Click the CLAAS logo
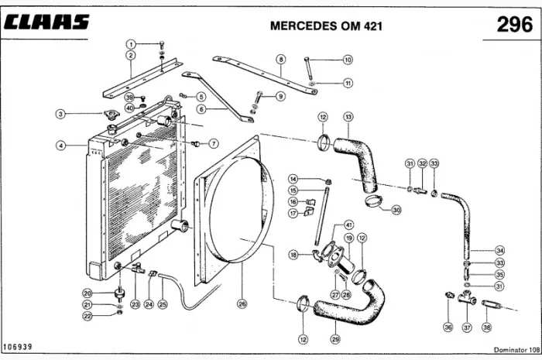pos(47,23)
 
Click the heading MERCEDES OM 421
pos(324,25)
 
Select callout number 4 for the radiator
pos(60,145)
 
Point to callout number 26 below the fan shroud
pos(242,304)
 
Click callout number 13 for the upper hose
pos(348,117)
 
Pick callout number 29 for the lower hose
pos(334,339)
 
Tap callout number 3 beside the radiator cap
pos(60,114)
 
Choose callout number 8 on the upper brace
pos(280,59)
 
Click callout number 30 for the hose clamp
pos(396,209)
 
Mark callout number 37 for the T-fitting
pos(467,327)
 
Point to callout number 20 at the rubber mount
pos(87,293)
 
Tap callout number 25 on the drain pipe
pos(163,305)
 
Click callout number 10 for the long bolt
pos(348,60)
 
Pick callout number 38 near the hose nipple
pos(487,327)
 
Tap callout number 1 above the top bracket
pos(132,43)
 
